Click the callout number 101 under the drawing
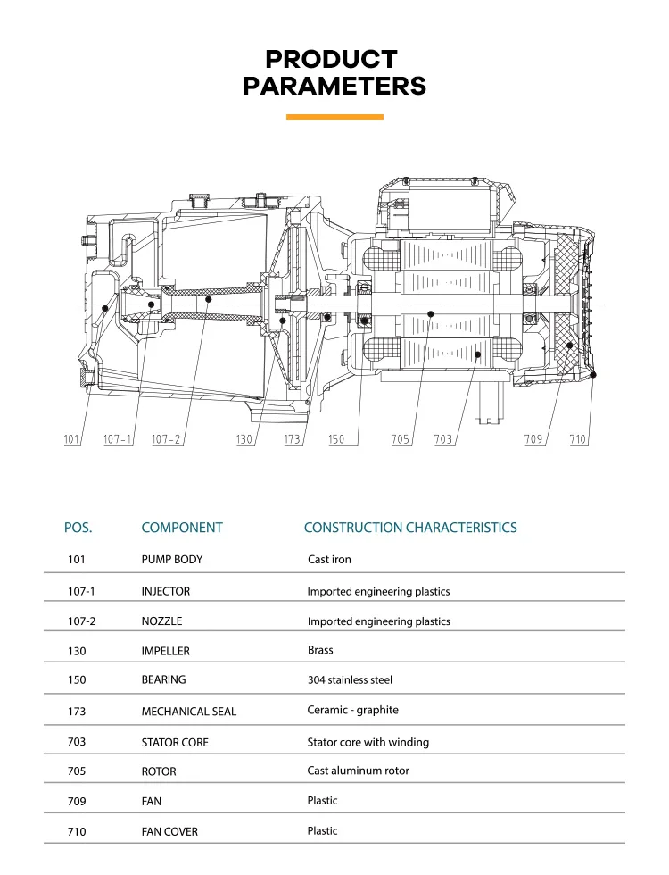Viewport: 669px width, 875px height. (x=71, y=439)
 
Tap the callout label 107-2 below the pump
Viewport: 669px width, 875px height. (x=166, y=439)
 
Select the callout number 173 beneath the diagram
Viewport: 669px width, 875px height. (x=292, y=439)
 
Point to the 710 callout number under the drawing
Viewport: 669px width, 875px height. (x=578, y=439)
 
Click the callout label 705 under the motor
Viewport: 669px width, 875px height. (x=400, y=439)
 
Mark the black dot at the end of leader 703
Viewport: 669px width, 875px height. (x=477, y=354)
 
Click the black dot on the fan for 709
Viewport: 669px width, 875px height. (x=570, y=346)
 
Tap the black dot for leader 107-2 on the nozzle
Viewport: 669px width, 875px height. (x=208, y=300)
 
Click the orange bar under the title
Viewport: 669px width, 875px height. (x=334, y=117)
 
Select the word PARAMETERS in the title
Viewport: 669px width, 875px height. (x=334, y=86)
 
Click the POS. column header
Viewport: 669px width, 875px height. (x=78, y=528)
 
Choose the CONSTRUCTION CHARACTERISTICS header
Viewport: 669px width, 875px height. (x=410, y=528)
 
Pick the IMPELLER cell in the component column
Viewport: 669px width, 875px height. (x=166, y=651)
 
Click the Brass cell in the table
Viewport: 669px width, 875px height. (x=320, y=650)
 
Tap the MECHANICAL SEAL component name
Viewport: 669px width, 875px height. (x=189, y=711)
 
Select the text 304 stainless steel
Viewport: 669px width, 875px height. (x=350, y=679)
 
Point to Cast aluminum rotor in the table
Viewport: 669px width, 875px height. (x=358, y=770)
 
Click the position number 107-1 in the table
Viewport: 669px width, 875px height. (x=81, y=591)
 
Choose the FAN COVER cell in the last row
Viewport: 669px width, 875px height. (x=169, y=831)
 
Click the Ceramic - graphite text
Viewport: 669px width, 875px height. (x=353, y=710)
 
